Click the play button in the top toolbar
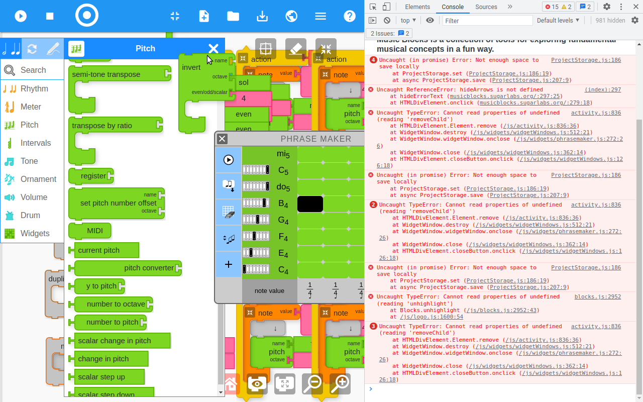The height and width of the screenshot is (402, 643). pyautogui.click(x=21, y=16)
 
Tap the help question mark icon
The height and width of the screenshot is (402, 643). pyautogui.click(x=350, y=16)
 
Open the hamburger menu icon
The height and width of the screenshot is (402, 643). pyautogui.click(x=320, y=16)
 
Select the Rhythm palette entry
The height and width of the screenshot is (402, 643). pyautogui.click(x=34, y=89)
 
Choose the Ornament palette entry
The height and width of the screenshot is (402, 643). pyautogui.click(x=38, y=179)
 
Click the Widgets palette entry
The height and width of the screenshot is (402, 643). pyautogui.click(x=35, y=234)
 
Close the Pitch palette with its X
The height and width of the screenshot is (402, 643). pyautogui.click(x=213, y=49)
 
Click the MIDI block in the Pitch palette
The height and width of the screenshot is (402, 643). pyautogui.click(x=94, y=231)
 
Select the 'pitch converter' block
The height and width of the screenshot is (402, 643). pyautogui.click(x=149, y=268)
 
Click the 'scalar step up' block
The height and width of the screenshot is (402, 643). pyautogui.click(x=101, y=377)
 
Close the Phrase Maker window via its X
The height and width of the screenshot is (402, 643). pyautogui.click(x=223, y=139)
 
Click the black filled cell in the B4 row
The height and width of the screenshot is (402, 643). pyautogui.click(x=310, y=204)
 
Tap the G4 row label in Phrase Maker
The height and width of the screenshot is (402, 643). pyautogui.click(x=283, y=221)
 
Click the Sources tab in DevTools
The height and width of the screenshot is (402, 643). pyautogui.click(x=486, y=7)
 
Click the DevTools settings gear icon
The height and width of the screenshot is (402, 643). pyautogui.click(x=606, y=7)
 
